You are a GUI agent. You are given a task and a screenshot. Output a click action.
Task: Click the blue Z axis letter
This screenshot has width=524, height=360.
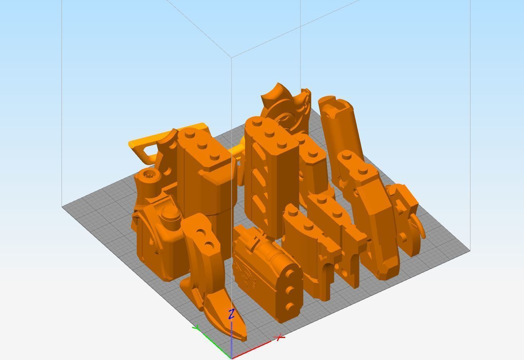[x=231, y=314]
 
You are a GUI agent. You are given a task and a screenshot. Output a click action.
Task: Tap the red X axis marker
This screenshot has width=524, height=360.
[x=280, y=338]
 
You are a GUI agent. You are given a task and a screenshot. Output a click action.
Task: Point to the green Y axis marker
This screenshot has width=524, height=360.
[x=196, y=328]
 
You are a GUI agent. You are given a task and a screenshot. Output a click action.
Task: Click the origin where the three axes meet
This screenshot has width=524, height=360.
[x=232, y=358]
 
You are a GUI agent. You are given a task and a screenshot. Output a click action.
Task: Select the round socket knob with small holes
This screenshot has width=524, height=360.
[x=150, y=174]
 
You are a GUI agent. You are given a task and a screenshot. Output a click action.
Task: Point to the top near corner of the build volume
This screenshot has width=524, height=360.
[x=232, y=58]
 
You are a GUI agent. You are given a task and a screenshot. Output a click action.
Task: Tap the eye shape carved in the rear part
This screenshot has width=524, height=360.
[x=284, y=118]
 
